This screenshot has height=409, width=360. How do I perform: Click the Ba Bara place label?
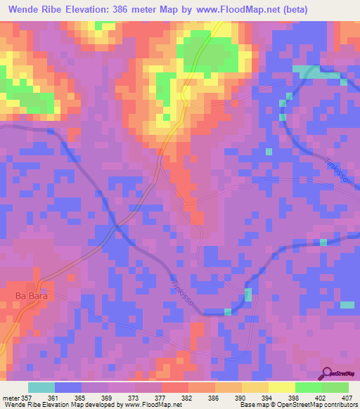pyautogui.click(x=30, y=297)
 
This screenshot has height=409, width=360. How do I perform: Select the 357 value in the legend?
pyautogui.click(x=27, y=397)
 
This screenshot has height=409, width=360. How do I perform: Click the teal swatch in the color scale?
pyautogui.click(x=41, y=387)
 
